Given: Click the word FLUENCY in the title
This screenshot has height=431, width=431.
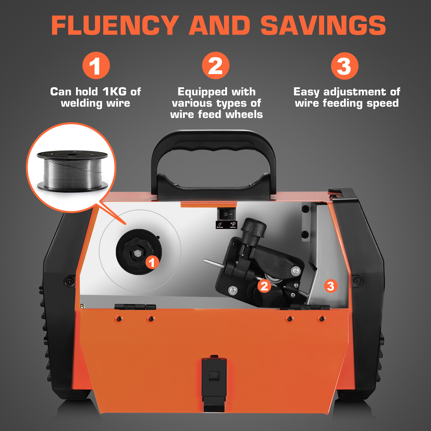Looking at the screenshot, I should (115, 26).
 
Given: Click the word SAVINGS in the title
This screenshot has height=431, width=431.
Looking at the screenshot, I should (323, 26).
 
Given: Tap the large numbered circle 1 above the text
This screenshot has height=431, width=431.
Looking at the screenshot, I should (96, 66).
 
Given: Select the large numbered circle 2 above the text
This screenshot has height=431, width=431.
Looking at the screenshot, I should (215, 66).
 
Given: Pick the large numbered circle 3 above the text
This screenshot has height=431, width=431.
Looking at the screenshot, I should (345, 66).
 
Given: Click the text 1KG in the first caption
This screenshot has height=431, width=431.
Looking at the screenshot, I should (114, 92).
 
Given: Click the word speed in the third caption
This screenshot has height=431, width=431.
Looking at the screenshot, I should (383, 103).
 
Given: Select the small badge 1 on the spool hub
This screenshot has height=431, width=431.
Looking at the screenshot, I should (152, 262).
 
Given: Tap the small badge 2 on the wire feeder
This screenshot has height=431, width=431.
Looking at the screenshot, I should (264, 286).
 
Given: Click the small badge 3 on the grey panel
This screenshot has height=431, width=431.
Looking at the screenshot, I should (331, 286).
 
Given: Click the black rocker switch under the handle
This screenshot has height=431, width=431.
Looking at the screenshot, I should (226, 214).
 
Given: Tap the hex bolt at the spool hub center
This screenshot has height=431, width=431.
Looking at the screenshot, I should (137, 253).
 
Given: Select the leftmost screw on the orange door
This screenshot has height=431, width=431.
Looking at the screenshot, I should (119, 319).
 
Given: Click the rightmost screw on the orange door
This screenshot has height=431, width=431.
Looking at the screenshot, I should (321, 319).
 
